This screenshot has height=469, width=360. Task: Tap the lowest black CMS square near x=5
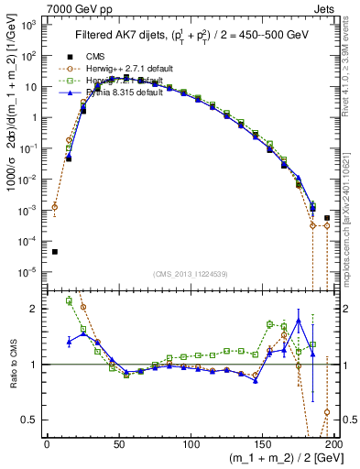pos(54,252)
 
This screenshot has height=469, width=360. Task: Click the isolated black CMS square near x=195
pos(327,218)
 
